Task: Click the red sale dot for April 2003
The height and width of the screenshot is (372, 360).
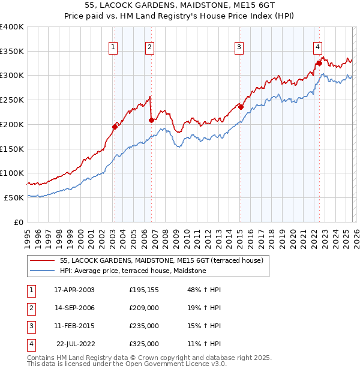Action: [x=115, y=126]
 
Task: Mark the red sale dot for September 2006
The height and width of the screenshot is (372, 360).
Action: [x=151, y=120]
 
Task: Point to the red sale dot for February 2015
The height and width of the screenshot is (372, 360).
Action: [x=240, y=107]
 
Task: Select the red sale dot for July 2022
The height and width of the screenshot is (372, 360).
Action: [x=319, y=62]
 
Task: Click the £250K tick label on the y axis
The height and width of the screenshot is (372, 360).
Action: [x=12, y=100]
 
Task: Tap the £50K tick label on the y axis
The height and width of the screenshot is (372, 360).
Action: [x=14, y=197]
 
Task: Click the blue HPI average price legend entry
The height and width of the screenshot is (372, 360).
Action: [x=133, y=271]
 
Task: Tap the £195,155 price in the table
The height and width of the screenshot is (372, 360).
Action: [x=144, y=289]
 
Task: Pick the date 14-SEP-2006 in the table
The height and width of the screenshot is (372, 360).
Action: [x=74, y=307]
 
